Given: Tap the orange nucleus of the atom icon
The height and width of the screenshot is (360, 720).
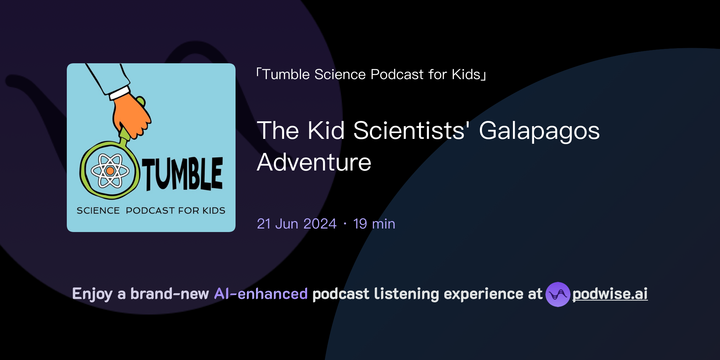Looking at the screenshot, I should pyautogui.click(x=110, y=171).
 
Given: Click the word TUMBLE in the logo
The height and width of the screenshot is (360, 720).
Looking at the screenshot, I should pyautogui.click(x=182, y=174).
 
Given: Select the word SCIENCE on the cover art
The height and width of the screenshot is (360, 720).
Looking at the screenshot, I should pyautogui.click(x=98, y=211).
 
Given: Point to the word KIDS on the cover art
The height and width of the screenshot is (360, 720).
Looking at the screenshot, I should pyautogui.click(x=214, y=211).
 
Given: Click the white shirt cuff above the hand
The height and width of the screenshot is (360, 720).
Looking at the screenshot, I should pyautogui.click(x=120, y=93).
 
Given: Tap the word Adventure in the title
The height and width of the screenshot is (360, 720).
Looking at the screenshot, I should pyautogui.click(x=314, y=162).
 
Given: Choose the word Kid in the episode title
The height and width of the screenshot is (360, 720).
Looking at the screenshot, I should pyautogui.click(x=326, y=130).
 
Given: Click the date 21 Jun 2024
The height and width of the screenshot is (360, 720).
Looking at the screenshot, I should pyautogui.click(x=297, y=224).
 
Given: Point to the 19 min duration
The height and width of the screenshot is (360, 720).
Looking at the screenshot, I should pyautogui.click(x=374, y=224).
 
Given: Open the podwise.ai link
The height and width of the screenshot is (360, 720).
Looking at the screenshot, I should pyautogui.click(x=610, y=294).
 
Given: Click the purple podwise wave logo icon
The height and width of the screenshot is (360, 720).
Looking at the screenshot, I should pyautogui.click(x=558, y=294).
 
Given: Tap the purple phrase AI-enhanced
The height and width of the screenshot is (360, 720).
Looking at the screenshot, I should pyautogui.click(x=261, y=294).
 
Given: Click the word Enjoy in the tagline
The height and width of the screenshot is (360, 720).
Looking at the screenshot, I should pyautogui.click(x=92, y=294).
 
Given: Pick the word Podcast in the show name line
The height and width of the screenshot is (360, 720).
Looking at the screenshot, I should pyautogui.click(x=397, y=75).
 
